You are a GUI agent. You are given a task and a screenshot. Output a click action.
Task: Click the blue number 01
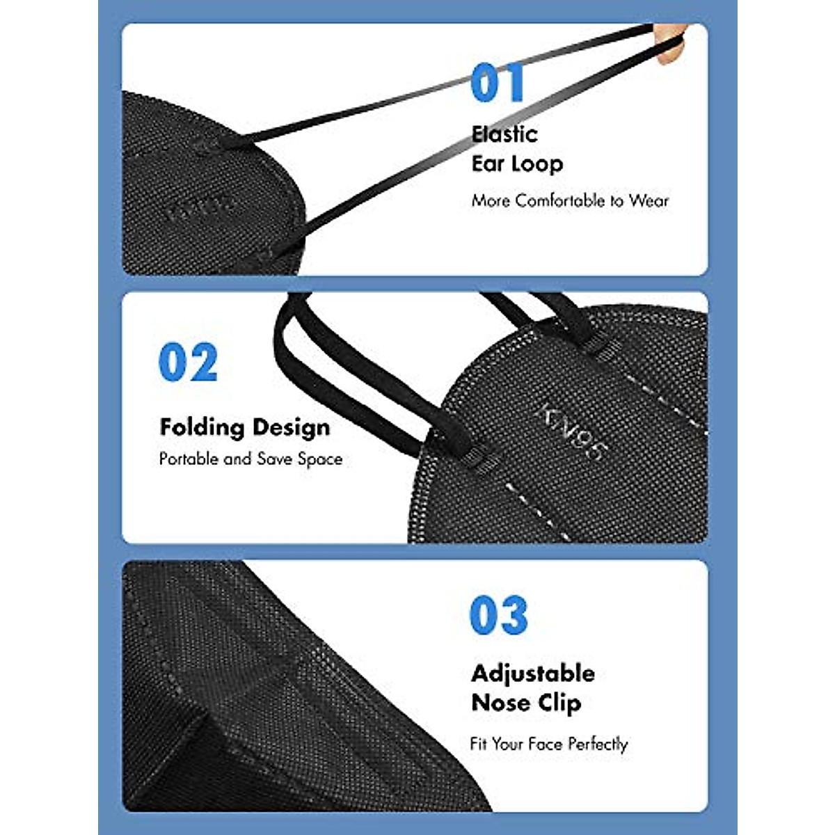tap(497, 83)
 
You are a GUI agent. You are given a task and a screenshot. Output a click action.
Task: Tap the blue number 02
tap(188, 363)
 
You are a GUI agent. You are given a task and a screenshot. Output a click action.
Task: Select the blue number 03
tap(499, 615)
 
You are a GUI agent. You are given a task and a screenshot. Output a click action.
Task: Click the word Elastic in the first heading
tap(504, 134)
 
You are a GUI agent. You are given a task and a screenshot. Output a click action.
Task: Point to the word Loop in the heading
tap(537, 164)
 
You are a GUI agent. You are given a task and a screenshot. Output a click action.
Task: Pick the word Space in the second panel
tap(320, 459)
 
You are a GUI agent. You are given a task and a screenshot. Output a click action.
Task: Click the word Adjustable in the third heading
tap(533, 674)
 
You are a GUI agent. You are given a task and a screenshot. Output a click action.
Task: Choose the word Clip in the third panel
tap(557, 703)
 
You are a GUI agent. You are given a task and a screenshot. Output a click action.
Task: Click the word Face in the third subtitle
tap(545, 744)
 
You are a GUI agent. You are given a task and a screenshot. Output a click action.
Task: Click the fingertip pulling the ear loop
tap(671, 46)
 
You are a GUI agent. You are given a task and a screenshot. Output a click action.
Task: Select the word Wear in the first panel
tap(649, 201)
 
